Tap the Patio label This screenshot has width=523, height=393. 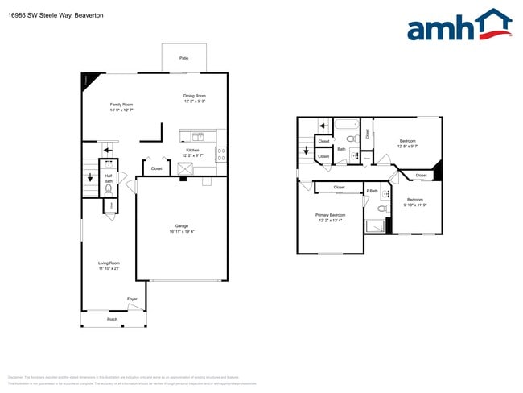[x=183, y=59]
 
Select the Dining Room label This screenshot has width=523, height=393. [x=195, y=98]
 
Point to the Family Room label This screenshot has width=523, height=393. [x=121, y=107]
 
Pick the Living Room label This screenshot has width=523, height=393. [x=109, y=265]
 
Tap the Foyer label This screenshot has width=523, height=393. [x=132, y=300]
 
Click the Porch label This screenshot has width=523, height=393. [x=113, y=319]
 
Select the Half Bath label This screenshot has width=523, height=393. [x=109, y=178]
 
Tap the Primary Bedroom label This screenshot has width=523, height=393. [x=330, y=217]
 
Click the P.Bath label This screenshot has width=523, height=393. [x=373, y=191]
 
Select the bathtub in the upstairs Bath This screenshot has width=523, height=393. [x=347, y=125]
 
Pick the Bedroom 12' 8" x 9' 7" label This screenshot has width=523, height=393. [x=408, y=143]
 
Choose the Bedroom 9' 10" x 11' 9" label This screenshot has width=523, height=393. [x=414, y=201]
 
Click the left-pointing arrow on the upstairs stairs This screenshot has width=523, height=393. [x=323, y=126]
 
